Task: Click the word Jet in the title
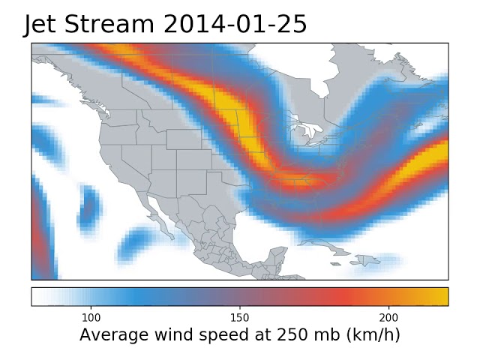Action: pyautogui.click(x=43, y=25)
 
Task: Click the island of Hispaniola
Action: pyautogui.click(x=367, y=261)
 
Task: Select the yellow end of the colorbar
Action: pyautogui.click(x=442, y=296)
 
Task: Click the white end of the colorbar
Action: pyautogui.click(x=37, y=296)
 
